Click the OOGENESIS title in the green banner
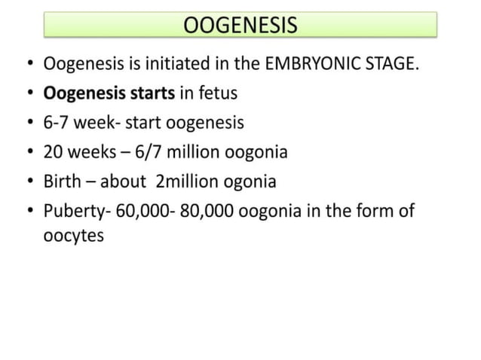(x=240, y=26)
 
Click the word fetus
(x=216, y=93)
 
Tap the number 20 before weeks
(x=54, y=152)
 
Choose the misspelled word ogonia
(x=249, y=182)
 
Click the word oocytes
(x=73, y=234)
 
